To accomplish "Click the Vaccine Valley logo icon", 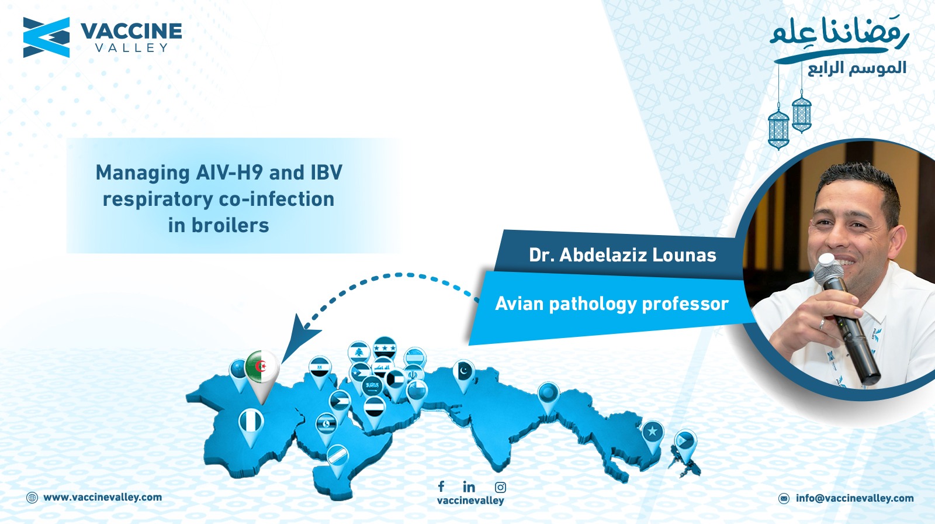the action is pos(46,37).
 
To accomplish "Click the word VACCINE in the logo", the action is pos(131,32).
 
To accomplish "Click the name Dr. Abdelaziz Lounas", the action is pos(622,255).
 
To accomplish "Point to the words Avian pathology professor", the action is pos(611,304).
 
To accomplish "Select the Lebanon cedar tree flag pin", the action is pos(359,352).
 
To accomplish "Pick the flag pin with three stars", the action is pos(385,347).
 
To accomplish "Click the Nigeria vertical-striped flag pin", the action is pos(251,427).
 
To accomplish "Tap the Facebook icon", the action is pos(441,487).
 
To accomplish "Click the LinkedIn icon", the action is pos(469,487).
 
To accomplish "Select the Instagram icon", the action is pos(500,487).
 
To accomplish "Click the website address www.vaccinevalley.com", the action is pos(103,497).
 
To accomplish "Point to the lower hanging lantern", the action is pos(778,129).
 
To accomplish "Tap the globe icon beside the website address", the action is pos(32,497).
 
